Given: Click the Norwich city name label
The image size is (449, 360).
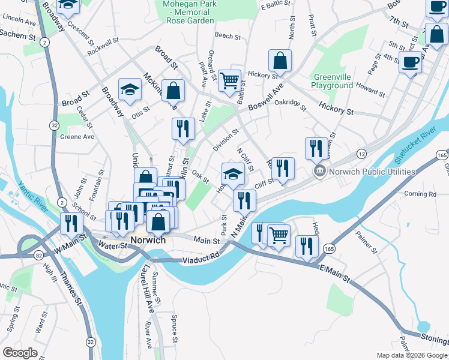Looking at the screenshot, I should pyautogui.click(x=148, y=240).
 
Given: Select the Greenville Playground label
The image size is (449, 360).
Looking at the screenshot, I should pyautogui.click(x=333, y=81).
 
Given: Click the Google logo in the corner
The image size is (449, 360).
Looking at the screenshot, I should pyautogui.click(x=20, y=353).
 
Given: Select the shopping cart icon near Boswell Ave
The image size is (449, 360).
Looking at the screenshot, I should pyautogui.click(x=229, y=80).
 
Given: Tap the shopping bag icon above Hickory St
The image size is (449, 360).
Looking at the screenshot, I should pyautogui.click(x=280, y=60).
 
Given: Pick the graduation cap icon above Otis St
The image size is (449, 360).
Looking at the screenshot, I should pyautogui.click(x=129, y=89).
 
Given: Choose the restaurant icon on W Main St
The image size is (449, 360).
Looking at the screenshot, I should pyautogui.click(x=71, y=223).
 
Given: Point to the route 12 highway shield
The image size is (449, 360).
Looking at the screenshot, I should pyautogui.click(x=362, y=154).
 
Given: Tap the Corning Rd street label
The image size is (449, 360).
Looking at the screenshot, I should pyautogui.click(x=420, y=194).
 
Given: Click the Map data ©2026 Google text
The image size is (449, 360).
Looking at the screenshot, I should pyautogui.click(x=412, y=355).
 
